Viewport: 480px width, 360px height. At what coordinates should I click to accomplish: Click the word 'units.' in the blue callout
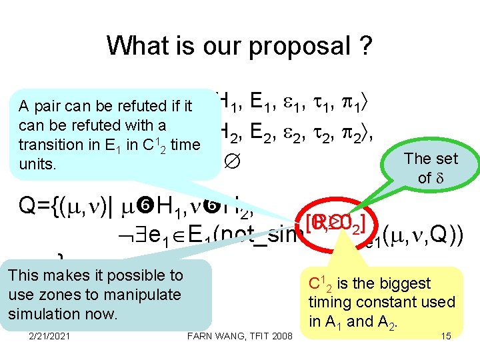37,163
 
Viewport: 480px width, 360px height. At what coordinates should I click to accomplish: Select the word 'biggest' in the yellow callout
400,284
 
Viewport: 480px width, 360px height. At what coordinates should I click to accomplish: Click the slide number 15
446,335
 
